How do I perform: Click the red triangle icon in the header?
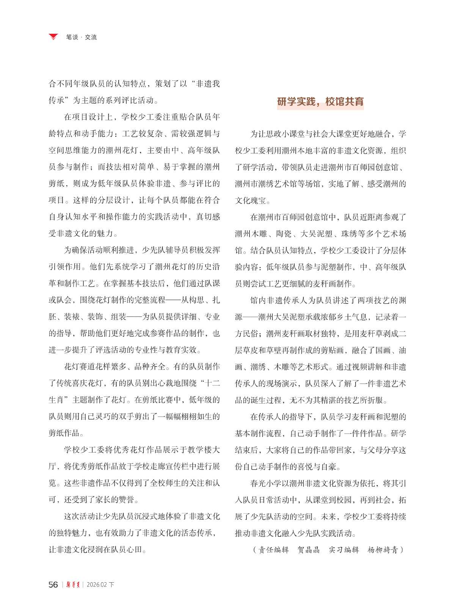(x=53, y=37)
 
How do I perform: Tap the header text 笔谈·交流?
(x=81, y=37)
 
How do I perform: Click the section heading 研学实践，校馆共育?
(x=320, y=102)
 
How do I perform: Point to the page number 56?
(x=53, y=585)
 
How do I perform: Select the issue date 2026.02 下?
(x=100, y=585)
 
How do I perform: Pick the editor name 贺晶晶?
(x=309, y=550)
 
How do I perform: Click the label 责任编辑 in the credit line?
(x=273, y=550)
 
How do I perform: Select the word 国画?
(x=383, y=350)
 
